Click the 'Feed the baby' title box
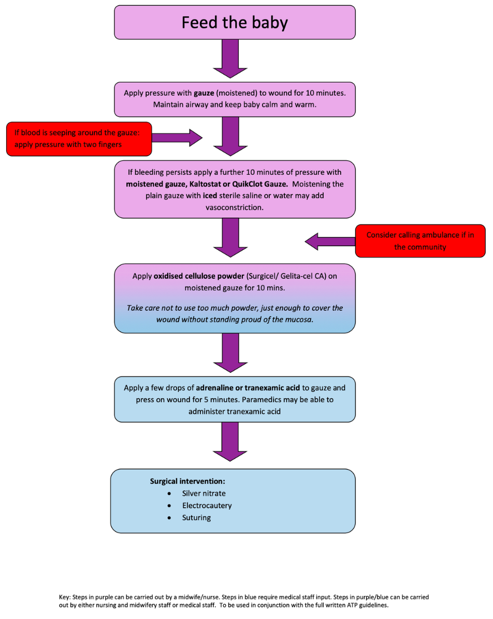[x=235, y=23]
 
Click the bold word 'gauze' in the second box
[x=205, y=93]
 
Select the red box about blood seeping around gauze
[x=79, y=139]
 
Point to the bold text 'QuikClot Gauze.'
[x=259, y=184]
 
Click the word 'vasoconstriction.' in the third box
[x=235, y=207]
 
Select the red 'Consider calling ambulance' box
[x=420, y=240]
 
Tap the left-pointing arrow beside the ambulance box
[x=329, y=241]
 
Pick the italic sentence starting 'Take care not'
[x=235, y=314]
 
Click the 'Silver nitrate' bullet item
[x=204, y=493]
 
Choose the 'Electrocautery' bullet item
[x=207, y=505]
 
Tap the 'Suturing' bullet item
[x=196, y=518]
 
